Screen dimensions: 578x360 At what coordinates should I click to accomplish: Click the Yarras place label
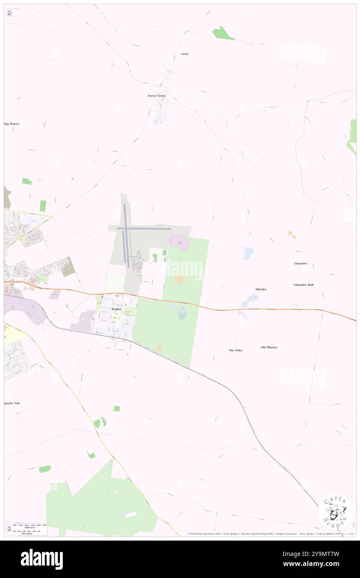pyautogui.click(x=184, y=54)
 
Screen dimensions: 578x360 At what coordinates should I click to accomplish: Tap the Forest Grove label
pyautogui.click(x=157, y=96)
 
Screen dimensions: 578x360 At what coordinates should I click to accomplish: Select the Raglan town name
pyautogui.click(x=116, y=309)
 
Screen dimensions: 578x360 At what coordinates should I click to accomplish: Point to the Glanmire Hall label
pyautogui.click(x=303, y=285)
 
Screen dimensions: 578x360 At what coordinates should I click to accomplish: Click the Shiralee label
pyautogui.click(x=261, y=289)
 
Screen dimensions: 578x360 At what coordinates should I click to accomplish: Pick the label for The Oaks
pyautogui.click(x=235, y=350)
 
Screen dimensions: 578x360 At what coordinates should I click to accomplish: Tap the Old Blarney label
pyautogui.click(x=269, y=347)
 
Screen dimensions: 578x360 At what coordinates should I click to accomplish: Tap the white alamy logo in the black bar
pyautogui.click(x=42, y=559)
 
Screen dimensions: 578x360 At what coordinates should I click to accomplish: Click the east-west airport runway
pyautogui.click(x=144, y=228)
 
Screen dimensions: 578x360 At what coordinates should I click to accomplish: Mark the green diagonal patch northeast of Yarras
pyautogui.click(x=223, y=34)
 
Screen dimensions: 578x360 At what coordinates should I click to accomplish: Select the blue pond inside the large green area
pyautogui.click(x=182, y=313)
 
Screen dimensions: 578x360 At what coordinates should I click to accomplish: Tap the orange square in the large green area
pyautogui.click(x=179, y=279)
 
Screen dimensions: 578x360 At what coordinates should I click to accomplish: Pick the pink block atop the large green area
pyautogui.click(x=180, y=242)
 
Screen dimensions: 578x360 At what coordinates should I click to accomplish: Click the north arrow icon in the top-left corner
pyautogui.click(x=9, y=13)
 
